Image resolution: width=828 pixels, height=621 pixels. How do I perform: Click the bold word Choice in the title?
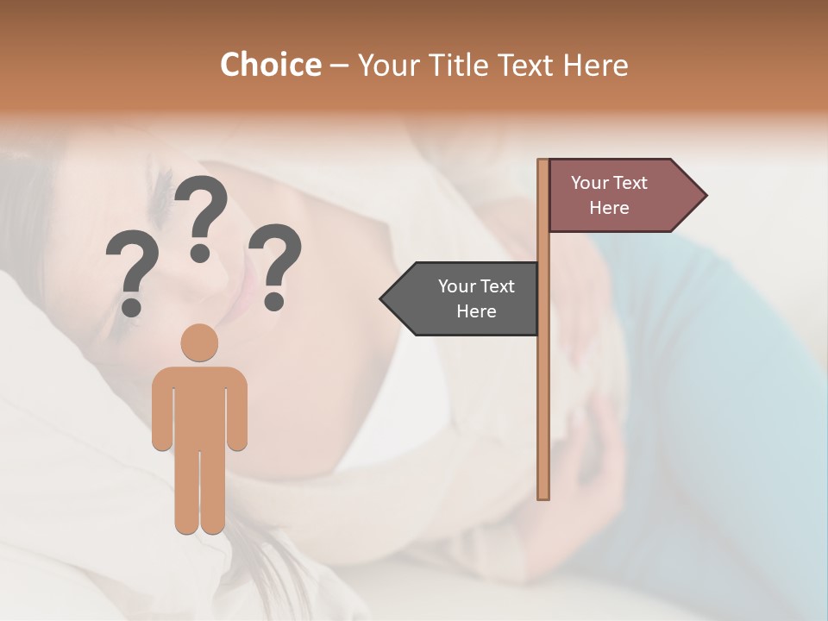point(270,65)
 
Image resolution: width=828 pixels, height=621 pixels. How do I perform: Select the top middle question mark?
point(201,216)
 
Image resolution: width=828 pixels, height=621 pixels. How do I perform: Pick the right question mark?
point(275,263)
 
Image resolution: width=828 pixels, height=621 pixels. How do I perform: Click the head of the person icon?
point(199,342)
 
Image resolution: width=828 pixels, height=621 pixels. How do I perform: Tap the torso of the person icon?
point(199,405)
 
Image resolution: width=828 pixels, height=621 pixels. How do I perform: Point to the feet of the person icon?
point(199,524)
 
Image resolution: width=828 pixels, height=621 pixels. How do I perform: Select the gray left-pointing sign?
point(466,298)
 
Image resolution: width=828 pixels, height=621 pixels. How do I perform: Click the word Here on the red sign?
point(609,208)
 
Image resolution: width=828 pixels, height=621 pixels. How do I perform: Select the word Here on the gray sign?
point(476,311)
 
